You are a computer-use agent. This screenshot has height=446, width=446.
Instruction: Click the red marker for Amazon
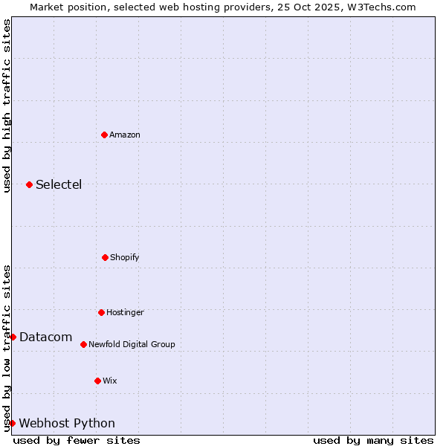point(104,135)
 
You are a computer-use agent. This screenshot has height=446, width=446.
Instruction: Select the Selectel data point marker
point(29,184)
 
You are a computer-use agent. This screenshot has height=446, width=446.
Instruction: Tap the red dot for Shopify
point(105,257)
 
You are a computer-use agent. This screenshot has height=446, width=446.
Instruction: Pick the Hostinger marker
point(101,312)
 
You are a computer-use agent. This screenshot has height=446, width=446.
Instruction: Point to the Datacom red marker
point(13,337)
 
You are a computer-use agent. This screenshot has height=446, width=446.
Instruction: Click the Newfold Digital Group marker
point(83,344)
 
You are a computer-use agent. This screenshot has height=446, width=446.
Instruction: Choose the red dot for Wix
point(97,381)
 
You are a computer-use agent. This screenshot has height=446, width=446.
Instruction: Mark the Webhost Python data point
point(12,423)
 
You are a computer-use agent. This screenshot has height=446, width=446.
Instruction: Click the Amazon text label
point(125,135)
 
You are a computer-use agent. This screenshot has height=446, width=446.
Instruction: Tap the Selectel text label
point(59,185)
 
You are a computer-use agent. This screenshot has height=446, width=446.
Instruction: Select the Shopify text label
point(125,258)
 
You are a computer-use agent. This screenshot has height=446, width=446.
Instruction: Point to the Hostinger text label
point(125,313)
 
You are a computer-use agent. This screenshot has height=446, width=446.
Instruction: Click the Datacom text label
point(45,337)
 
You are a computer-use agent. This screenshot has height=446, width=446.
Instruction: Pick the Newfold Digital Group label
point(132,345)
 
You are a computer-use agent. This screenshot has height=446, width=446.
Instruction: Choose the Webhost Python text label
point(67,424)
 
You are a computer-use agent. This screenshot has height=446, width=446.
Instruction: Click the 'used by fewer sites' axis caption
point(77,440)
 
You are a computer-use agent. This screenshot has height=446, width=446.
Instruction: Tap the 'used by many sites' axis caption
point(373,440)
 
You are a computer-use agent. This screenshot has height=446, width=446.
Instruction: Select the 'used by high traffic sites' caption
point(7,106)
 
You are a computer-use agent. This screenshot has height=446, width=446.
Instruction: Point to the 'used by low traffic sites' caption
point(7,347)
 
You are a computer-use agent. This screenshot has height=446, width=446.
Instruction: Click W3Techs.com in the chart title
point(380,7)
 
